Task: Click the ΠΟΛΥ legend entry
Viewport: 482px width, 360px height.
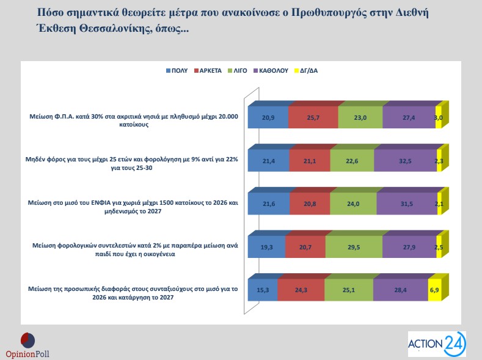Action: pos(177,70)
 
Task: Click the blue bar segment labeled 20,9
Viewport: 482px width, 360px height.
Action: pos(268,117)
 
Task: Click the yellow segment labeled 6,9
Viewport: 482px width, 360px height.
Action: pos(434,288)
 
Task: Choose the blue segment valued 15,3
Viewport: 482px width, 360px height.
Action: pos(262,288)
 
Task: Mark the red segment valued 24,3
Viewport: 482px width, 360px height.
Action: pos(301,288)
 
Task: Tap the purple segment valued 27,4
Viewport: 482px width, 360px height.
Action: pos(409,117)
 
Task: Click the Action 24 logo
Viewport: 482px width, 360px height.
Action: pos(436,343)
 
